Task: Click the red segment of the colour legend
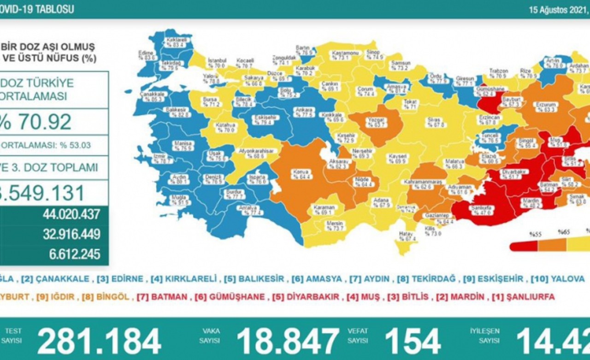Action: click(x=524, y=247)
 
